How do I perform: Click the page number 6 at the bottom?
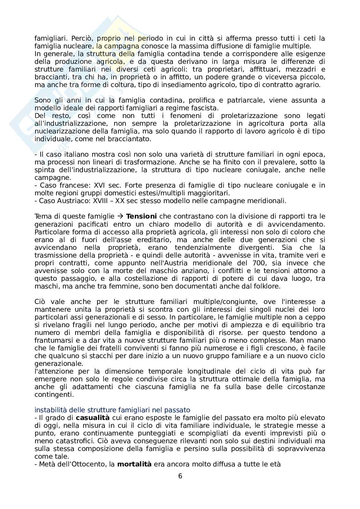[x=180, y=476]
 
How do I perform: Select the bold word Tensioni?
[x=141, y=216]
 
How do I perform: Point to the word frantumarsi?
[x=52, y=340]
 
